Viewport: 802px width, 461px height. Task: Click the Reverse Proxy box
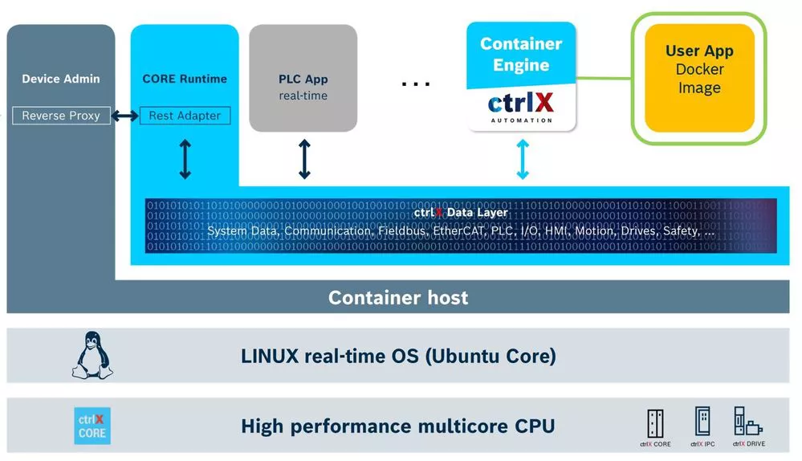pyautogui.click(x=61, y=116)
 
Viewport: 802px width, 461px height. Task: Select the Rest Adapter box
pyautogui.click(x=185, y=116)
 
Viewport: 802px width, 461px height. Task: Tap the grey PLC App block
pyautogui.click(x=303, y=78)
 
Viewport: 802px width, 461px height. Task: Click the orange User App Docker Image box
pyautogui.click(x=699, y=78)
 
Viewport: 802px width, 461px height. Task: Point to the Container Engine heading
pyautogui.click(x=521, y=55)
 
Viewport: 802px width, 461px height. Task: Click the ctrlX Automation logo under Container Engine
pyautogui.click(x=521, y=107)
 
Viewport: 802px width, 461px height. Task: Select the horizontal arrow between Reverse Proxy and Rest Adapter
pyautogui.click(x=124, y=116)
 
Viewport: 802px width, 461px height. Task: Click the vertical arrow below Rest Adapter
pyautogui.click(x=185, y=159)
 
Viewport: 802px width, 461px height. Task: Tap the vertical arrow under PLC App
pyautogui.click(x=304, y=159)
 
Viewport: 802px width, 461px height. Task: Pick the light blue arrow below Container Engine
pyautogui.click(x=523, y=159)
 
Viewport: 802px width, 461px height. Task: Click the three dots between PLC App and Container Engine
pyautogui.click(x=416, y=83)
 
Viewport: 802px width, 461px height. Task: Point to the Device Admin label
pyautogui.click(x=61, y=79)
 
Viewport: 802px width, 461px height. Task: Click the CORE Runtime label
pyautogui.click(x=185, y=79)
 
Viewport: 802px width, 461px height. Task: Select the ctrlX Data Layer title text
pyautogui.click(x=461, y=213)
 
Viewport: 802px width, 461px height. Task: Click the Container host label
pyautogui.click(x=398, y=298)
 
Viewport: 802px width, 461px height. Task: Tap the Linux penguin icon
pyautogui.click(x=92, y=356)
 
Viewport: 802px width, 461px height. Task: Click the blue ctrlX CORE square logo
pyautogui.click(x=92, y=426)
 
